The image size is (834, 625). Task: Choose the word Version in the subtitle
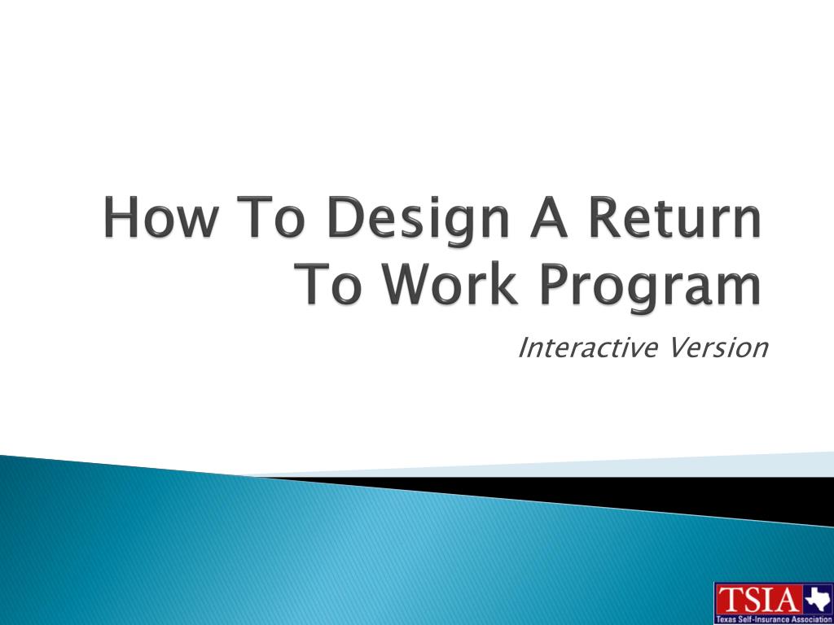click(718, 347)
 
